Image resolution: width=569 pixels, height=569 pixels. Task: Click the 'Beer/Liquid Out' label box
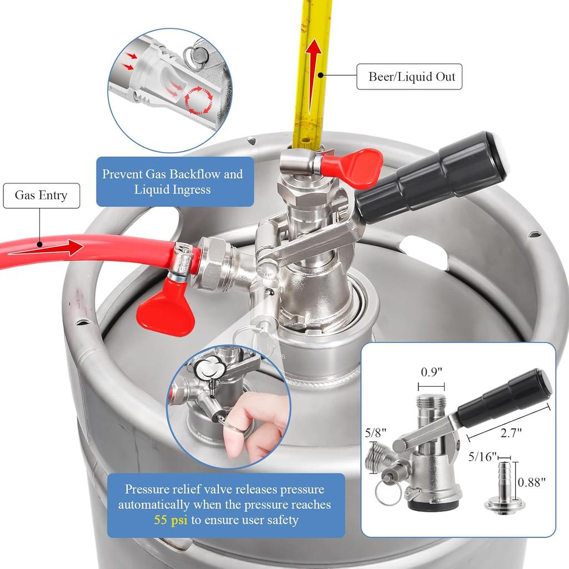pos(409,77)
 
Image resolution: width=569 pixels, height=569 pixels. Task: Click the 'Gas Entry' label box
pos(41,196)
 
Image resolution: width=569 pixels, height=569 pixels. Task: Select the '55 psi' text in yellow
pos(169,520)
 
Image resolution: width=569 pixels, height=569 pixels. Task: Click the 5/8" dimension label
pos(375,432)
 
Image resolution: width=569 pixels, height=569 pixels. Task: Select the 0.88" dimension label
pos(532,482)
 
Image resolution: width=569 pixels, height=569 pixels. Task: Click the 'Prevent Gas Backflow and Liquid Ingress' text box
pos(172,182)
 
